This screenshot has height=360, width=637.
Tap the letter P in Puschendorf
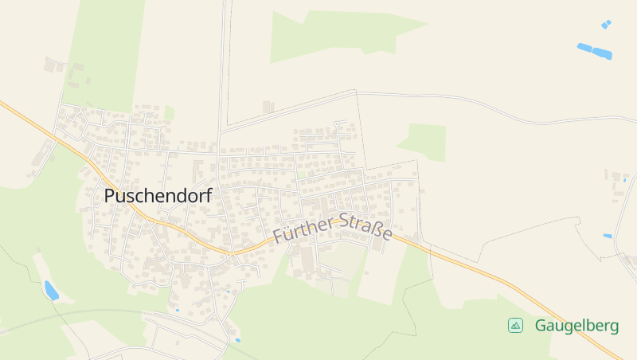pyautogui.click(x=110, y=195)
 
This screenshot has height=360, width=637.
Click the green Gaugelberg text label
pyautogui.click(x=576, y=326)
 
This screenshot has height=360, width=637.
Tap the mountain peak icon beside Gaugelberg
pyautogui.click(x=515, y=325)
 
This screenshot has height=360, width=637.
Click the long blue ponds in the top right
pyautogui.click(x=594, y=52)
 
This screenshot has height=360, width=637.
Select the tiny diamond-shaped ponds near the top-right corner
pyautogui.click(x=606, y=24)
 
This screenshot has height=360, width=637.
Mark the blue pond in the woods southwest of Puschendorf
pyautogui.click(x=51, y=291)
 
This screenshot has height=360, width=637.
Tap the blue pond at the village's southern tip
pyautogui.click(x=237, y=340)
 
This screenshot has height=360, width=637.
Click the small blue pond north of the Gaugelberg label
pyautogui.click(x=608, y=236)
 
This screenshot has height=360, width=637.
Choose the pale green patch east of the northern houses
pyautogui.click(x=425, y=140)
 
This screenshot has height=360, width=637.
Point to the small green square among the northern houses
pyautogui.click(x=169, y=113)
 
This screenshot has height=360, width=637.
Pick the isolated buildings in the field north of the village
pyautogui.click(x=268, y=107)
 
